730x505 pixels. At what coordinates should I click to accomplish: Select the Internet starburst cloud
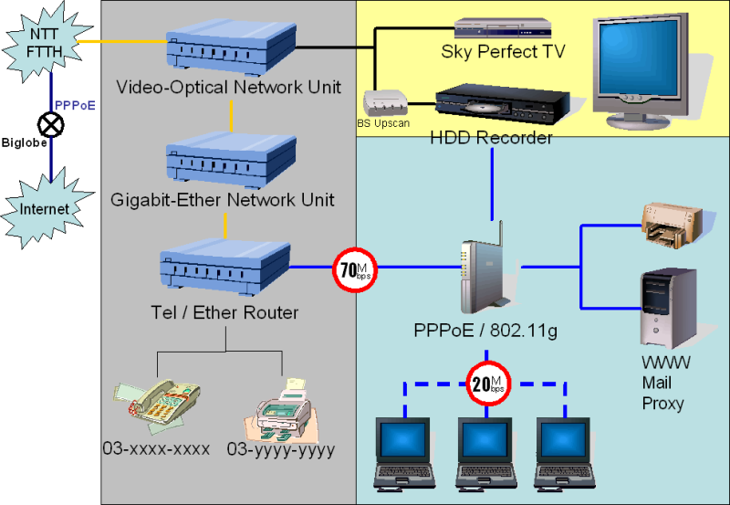click(x=47, y=208)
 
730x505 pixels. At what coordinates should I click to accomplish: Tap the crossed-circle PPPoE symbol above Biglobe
click(x=53, y=125)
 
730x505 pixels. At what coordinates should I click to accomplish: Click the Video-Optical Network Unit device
click(x=228, y=52)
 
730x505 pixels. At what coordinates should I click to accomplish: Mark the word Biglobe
click(x=24, y=142)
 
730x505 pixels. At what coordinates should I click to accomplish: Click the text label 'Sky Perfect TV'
click(x=504, y=52)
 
